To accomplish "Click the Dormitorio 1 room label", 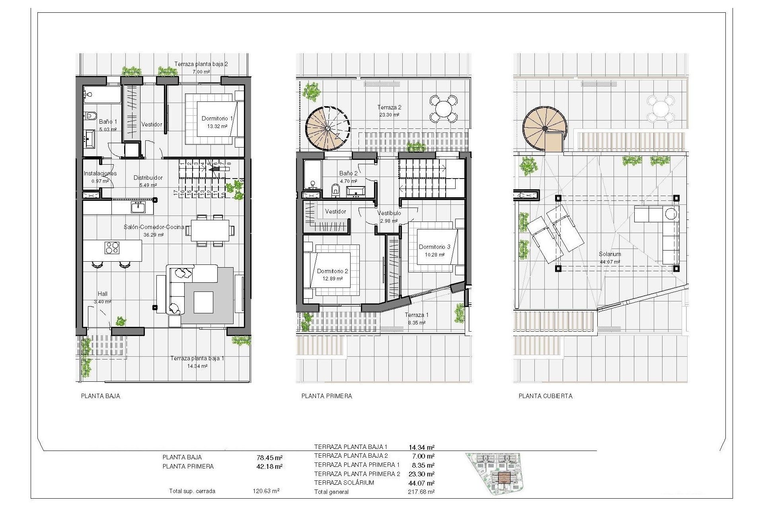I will click(x=217, y=119).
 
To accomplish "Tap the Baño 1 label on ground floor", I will click(x=108, y=122).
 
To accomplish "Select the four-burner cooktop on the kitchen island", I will click(x=112, y=248).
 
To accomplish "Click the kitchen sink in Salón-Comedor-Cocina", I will click(x=138, y=207).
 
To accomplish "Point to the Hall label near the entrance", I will click(x=103, y=294).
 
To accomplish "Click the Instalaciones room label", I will click(x=100, y=173).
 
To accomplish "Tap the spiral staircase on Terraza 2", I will click(x=327, y=128).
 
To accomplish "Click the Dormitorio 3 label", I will click(x=435, y=247).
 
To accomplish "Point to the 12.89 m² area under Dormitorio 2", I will click(x=333, y=279).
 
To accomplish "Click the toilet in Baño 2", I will click(x=335, y=190).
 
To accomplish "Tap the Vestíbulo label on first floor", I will click(x=389, y=213).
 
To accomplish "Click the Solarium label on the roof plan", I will click(x=610, y=254).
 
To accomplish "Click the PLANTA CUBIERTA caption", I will click(x=546, y=396).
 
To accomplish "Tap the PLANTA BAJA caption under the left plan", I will click(x=100, y=396).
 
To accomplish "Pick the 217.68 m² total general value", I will click(x=421, y=492).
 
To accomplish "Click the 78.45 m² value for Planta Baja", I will click(x=269, y=458).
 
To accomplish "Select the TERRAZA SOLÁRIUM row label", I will click(x=344, y=483).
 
